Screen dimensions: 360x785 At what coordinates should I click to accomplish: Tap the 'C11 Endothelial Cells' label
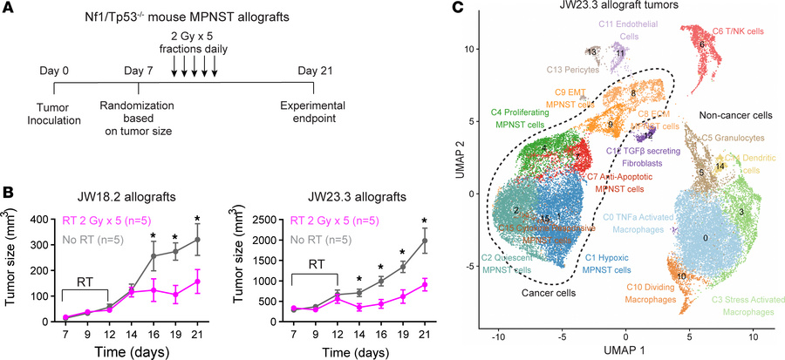[618, 30]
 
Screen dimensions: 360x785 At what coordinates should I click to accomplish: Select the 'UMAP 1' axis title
[626, 350]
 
